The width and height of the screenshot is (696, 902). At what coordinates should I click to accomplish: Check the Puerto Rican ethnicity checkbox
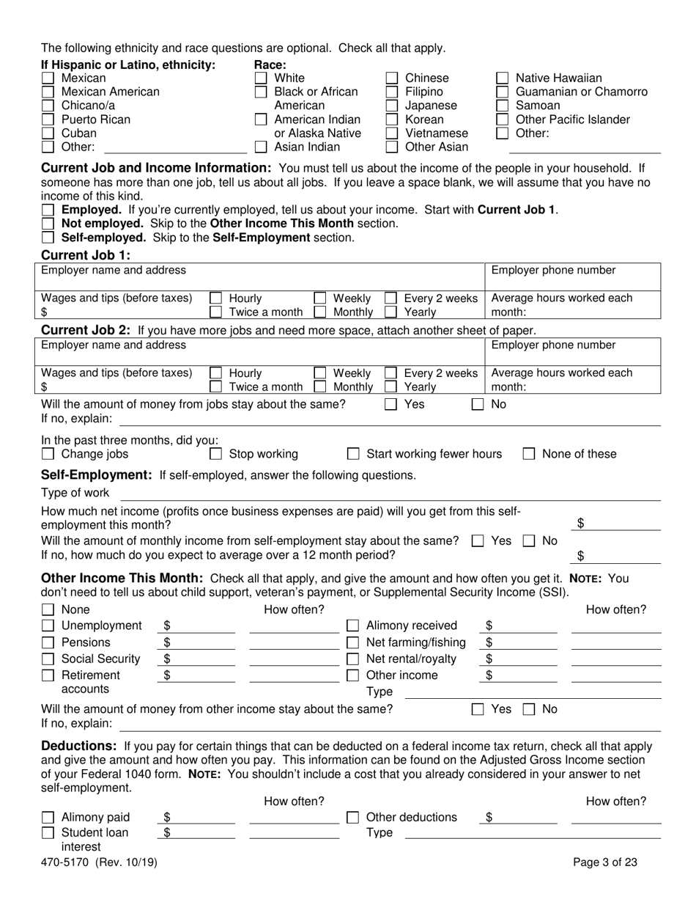[48, 120]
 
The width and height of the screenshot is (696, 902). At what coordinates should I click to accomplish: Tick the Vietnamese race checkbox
[392, 133]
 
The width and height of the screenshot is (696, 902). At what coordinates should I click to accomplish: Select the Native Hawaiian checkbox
[503, 78]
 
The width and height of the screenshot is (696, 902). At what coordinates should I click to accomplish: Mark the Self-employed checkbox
[48, 238]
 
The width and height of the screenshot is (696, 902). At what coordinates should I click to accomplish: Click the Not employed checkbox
[48, 224]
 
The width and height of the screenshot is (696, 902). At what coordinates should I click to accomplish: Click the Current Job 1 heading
[86, 255]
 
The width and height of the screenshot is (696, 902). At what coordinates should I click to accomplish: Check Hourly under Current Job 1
[216, 298]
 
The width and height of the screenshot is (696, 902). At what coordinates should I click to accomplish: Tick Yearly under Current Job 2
[391, 386]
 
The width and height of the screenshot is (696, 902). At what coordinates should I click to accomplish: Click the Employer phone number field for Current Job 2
[573, 356]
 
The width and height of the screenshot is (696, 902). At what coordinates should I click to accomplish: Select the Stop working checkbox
[216, 454]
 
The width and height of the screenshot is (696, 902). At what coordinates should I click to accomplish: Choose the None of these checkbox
[529, 454]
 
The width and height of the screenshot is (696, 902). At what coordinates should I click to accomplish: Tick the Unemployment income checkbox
[48, 626]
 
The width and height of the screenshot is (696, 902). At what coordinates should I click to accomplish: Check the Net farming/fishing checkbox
[352, 642]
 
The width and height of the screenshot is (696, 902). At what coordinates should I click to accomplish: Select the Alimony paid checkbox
[48, 817]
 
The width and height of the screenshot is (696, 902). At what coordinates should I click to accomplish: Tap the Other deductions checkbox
[352, 817]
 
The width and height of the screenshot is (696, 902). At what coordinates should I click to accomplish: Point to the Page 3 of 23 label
[605, 862]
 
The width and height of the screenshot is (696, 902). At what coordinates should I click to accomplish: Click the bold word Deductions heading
[79, 746]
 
